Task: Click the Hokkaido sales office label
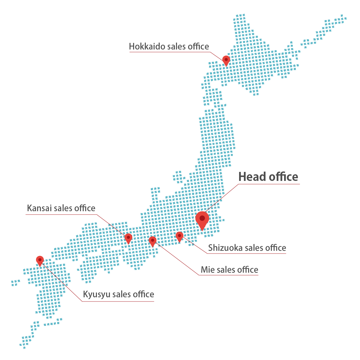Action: pos(169,46)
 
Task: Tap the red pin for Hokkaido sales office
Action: pos(226,60)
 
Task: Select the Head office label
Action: pos(268,177)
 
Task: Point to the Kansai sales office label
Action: pos(61,208)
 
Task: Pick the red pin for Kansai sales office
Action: pos(128,238)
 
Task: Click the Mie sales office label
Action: pos(229,270)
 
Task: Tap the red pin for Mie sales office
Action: pos(152,241)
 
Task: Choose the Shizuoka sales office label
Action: pos(247,248)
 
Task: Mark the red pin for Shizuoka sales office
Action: pos(179,236)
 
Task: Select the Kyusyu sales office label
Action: pos(118,294)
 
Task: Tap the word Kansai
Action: pos(39,208)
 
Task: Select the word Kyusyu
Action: pos(96,295)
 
